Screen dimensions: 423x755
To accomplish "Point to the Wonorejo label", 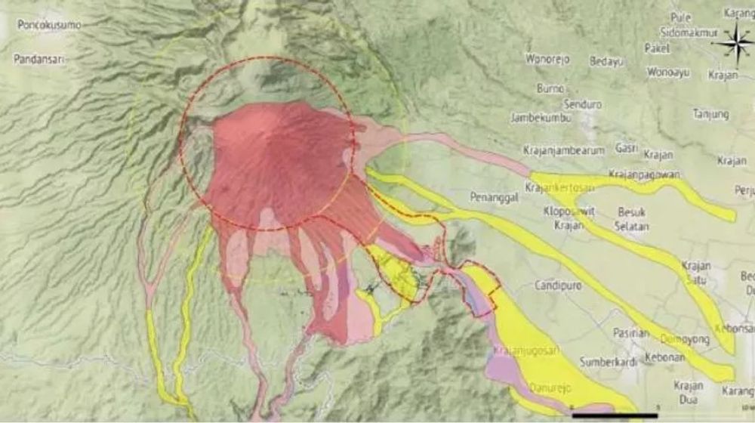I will [x=547, y=58].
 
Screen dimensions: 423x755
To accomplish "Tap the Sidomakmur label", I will [x=688, y=33].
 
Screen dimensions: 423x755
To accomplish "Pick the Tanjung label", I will [x=711, y=114].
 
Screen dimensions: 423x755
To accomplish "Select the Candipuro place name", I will [x=556, y=286].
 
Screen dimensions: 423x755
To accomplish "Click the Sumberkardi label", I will [x=609, y=362].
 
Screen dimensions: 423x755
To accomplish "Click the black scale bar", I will [x=615, y=415].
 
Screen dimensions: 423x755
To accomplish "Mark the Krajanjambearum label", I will [x=564, y=150].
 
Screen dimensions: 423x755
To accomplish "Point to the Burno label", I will [x=550, y=88].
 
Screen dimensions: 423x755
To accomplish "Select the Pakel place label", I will [x=657, y=48].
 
